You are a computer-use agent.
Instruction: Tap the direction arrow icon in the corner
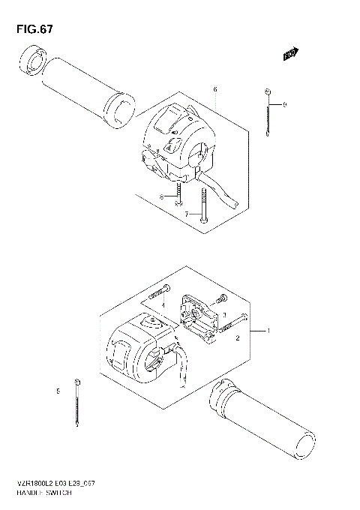(289, 54)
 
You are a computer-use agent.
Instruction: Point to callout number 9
(284, 104)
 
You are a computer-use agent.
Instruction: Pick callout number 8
(160, 196)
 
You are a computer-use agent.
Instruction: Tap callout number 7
(187, 214)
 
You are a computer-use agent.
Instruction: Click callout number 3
(224, 315)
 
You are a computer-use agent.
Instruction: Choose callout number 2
(237, 339)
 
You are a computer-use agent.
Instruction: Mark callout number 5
(57, 391)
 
